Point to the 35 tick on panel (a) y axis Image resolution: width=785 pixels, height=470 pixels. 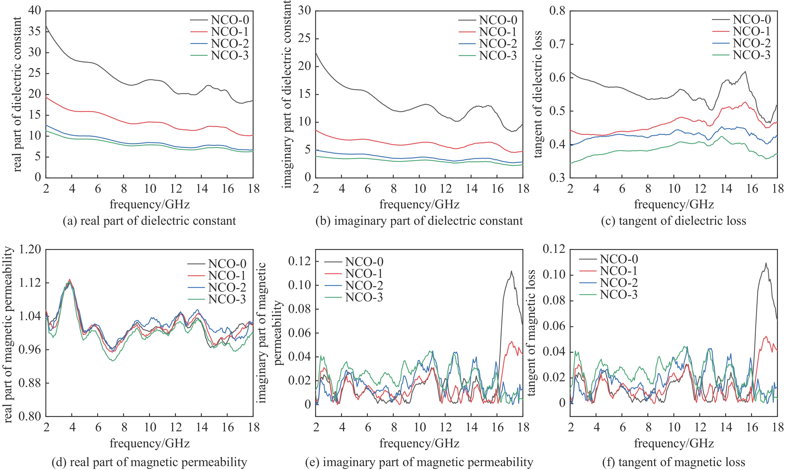coord(35,32)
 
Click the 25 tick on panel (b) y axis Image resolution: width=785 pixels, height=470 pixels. coord(304,39)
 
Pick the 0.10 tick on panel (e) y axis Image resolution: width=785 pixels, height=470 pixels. coord(300,285)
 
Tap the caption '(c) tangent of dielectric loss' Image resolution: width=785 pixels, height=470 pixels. coord(674,221)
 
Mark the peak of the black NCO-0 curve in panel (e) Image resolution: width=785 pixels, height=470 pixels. coord(511,271)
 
